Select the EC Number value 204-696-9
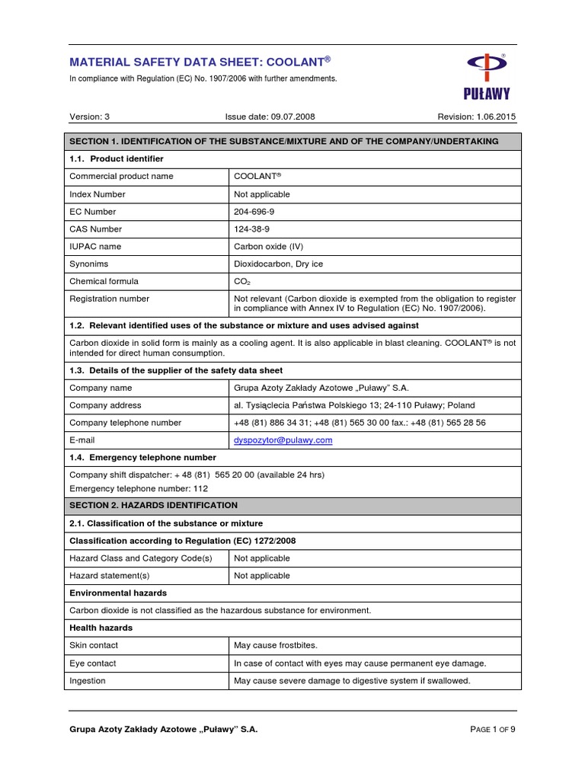click(254, 212)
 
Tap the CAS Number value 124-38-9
click(252, 229)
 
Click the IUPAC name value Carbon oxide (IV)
click(269, 247)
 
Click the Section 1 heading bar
click(292, 142)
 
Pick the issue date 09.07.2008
click(270, 117)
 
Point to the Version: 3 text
click(90, 117)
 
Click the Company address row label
click(105, 405)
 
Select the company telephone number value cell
click(360, 423)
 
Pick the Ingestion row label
click(88, 681)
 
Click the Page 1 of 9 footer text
click(493, 729)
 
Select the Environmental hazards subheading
click(118, 593)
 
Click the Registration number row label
click(109, 299)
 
